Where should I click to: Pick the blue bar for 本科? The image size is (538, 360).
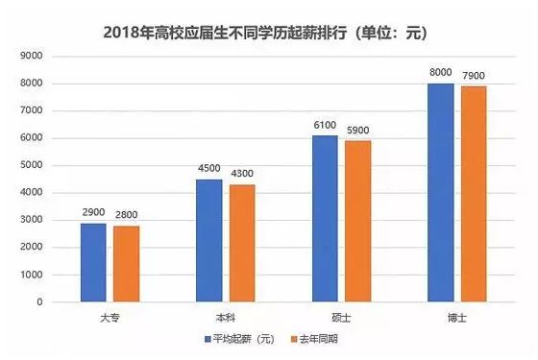[x=208, y=240]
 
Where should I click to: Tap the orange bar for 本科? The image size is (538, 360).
[x=241, y=243]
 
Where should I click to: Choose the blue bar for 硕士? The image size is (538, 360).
[x=325, y=218]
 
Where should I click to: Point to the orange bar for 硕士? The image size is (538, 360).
[x=357, y=221]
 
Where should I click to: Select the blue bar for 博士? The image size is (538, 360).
[x=440, y=192]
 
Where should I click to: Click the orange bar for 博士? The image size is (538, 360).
[x=473, y=194]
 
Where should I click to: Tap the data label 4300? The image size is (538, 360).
[x=242, y=175]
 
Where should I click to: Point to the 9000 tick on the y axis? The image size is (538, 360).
[x=33, y=57]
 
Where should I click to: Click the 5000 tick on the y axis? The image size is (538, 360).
[x=33, y=165]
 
